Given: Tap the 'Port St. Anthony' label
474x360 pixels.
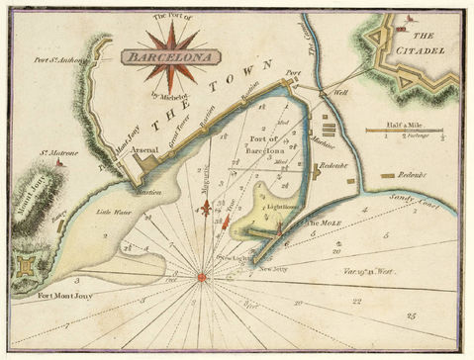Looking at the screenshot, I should (x=56, y=58).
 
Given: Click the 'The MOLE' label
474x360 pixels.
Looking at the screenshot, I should (x=324, y=224).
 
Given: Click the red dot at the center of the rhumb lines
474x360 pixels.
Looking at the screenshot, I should (x=201, y=277).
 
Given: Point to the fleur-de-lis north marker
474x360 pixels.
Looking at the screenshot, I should (x=206, y=209).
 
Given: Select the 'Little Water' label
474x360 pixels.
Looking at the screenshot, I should (x=112, y=210).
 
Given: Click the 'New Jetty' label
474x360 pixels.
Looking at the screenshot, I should (x=272, y=268).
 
